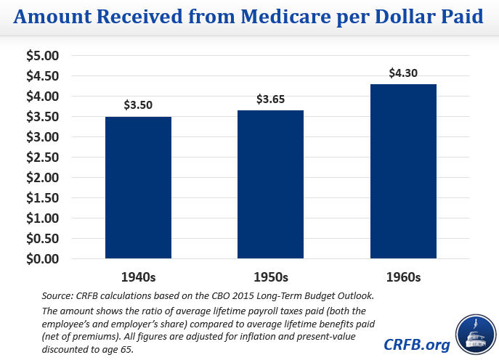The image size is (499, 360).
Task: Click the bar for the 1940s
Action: (x=139, y=187)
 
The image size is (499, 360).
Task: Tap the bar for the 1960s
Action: (x=404, y=171)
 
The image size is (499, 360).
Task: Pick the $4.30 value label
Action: (x=404, y=73)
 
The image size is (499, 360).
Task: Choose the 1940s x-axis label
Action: (x=139, y=278)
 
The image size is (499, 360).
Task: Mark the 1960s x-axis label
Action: (x=404, y=278)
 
